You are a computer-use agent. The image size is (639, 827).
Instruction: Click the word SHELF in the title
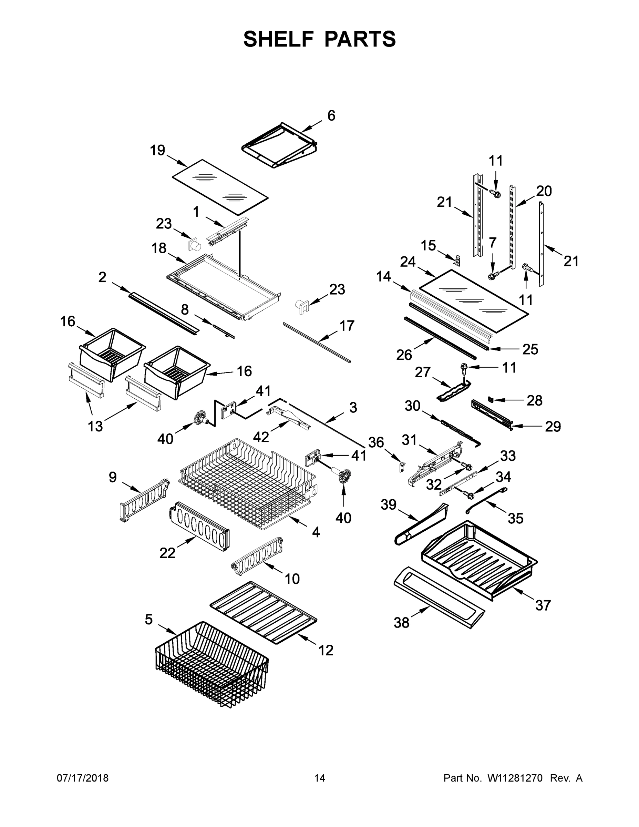[279, 39]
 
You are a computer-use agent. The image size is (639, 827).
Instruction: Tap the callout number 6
[331, 116]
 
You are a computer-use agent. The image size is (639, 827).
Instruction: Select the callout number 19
[157, 150]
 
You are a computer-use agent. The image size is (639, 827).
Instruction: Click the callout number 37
[543, 605]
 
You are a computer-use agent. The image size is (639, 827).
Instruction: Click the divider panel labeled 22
[199, 526]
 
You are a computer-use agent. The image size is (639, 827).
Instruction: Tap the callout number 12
[326, 650]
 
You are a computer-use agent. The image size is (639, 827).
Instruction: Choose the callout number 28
[534, 400]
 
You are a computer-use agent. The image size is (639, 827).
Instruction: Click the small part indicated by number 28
[491, 398]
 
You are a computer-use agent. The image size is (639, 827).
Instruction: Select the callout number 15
[429, 245]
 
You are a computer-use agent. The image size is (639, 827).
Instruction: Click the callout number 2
[102, 277]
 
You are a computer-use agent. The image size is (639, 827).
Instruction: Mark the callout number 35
[515, 518]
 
